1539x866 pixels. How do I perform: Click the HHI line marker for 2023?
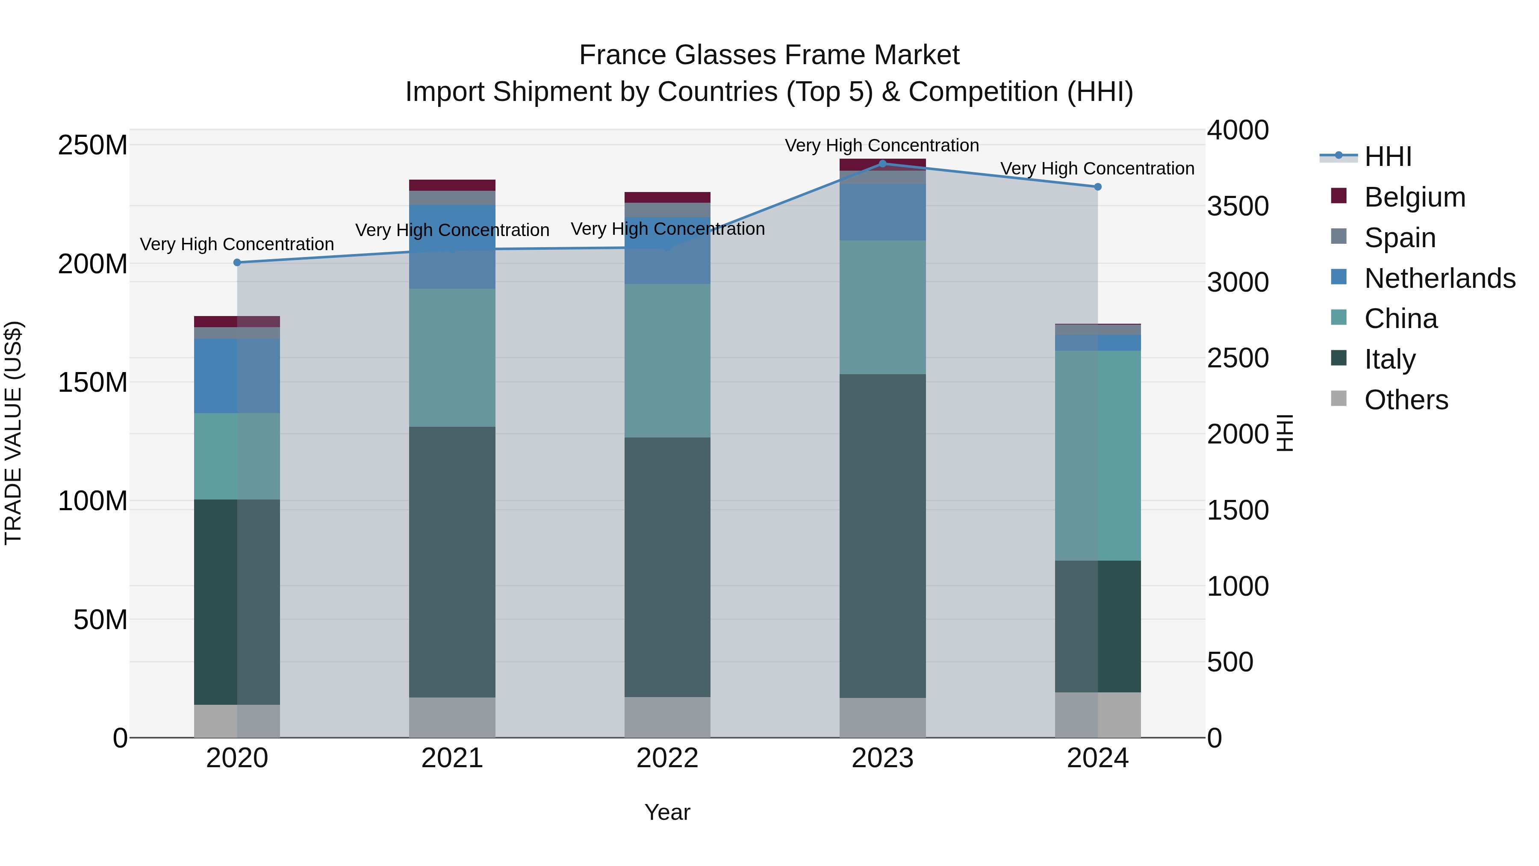point(882,163)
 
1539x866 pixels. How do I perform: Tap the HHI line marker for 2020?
point(237,263)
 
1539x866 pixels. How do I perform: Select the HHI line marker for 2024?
point(1097,186)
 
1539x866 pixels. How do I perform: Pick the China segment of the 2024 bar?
point(1097,455)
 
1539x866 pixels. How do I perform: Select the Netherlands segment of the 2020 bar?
point(237,375)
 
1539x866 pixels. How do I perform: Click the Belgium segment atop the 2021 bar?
point(452,185)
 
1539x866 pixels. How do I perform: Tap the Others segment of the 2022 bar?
point(667,717)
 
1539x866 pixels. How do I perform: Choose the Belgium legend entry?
point(1414,197)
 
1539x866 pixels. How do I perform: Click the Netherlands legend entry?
point(1439,278)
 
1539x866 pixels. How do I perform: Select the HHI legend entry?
point(1387,157)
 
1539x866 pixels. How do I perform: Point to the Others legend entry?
point(1405,400)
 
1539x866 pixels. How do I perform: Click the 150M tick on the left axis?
point(93,382)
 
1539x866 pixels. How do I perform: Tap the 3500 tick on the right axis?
point(1237,206)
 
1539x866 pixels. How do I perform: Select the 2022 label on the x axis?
point(667,758)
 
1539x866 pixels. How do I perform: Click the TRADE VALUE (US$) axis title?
point(13,433)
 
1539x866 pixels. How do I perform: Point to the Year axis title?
point(667,812)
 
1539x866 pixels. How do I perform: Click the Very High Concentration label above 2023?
point(882,145)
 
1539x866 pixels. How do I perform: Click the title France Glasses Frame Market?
point(769,55)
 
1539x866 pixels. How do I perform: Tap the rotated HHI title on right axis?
point(1285,433)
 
